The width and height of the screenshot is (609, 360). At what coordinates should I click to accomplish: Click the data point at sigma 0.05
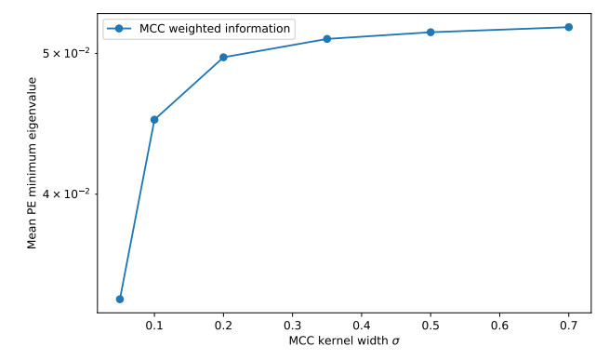coord(120,299)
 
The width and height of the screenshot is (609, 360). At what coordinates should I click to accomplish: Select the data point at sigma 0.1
coord(154,119)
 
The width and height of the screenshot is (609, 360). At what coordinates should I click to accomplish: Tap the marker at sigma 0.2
coord(223,58)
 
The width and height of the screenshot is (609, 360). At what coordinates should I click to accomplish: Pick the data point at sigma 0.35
coord(327,39)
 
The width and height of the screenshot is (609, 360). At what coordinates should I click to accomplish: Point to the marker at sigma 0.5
coord(430,33)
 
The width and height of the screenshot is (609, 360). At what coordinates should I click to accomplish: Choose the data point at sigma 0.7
coord(569,27)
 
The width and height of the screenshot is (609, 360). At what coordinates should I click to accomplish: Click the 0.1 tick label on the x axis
coord(154,326)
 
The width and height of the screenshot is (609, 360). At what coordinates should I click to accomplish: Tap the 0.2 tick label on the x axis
coord(223,326)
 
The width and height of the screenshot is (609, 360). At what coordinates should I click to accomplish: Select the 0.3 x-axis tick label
coord(293,326)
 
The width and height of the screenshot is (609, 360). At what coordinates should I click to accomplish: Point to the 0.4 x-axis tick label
coord(361,326)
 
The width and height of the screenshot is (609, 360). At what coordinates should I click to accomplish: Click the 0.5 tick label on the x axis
coord(430,326)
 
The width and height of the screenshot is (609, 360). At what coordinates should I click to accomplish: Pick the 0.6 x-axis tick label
coord(499,326)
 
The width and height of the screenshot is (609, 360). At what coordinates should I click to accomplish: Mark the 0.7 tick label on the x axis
coord(569,326)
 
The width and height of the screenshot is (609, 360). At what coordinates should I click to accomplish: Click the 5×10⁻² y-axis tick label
coord(66,52)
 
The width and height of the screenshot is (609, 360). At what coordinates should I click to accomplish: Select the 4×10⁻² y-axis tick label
coord(66,193)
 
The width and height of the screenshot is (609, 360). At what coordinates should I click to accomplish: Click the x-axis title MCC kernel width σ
coord(344,341)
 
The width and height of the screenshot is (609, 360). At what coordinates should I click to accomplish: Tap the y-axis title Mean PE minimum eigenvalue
coord(32,163)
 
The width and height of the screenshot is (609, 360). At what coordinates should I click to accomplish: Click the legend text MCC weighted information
coord(215,29)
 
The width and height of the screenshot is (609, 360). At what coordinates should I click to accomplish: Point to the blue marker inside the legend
coord(119,29)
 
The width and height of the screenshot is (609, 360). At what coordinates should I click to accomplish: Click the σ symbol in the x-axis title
coord(395,341)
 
